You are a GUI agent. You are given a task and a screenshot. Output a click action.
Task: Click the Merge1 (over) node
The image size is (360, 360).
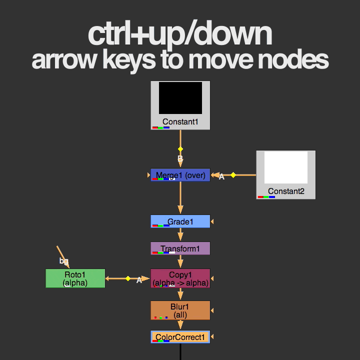[180, 175]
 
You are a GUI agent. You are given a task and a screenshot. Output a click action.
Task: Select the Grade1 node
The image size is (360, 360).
[180, 221]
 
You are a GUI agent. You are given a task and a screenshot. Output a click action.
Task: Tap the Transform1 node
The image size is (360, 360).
[180, 248]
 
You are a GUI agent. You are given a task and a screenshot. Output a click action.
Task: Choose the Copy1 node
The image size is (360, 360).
[180, 278]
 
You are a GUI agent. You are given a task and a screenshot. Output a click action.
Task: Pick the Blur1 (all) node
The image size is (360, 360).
[180, 310]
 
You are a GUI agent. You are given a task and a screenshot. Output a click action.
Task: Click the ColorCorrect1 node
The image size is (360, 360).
[180, 337]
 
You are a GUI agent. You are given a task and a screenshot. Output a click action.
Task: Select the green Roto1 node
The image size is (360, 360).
[75, 278]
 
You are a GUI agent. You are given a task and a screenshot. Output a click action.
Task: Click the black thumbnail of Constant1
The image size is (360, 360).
[180, 98]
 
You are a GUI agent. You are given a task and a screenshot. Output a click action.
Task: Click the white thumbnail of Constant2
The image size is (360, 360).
[285, 167]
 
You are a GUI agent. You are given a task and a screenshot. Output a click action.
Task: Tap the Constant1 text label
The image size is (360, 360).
[180, 121]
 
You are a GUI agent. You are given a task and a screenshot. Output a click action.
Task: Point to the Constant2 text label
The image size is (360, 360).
[285, 191]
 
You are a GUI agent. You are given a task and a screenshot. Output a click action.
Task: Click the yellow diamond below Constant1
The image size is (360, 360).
[180, 149]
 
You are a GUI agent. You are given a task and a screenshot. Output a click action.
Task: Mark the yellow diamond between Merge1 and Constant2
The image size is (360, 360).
[233, 175]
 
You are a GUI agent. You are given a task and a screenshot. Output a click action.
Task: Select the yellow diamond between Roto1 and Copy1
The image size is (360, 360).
[128, 278]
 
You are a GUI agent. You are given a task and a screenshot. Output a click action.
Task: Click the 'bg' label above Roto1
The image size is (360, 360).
[63, 260]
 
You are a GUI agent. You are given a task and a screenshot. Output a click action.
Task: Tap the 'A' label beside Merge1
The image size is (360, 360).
[221, 177]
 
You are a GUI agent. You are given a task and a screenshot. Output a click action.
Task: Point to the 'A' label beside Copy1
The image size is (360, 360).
[139, 280]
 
